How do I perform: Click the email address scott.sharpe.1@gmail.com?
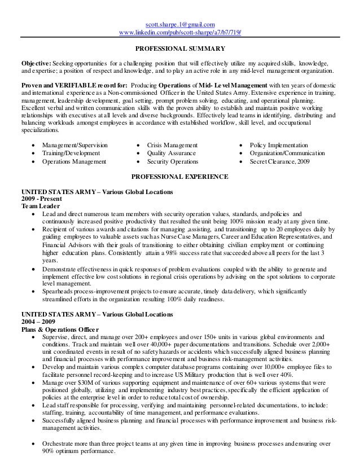coord(180,24)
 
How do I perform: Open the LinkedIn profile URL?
coord(180,32)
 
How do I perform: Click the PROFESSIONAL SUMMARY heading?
coord(180,49)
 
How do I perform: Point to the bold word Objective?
coord(36,65)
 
